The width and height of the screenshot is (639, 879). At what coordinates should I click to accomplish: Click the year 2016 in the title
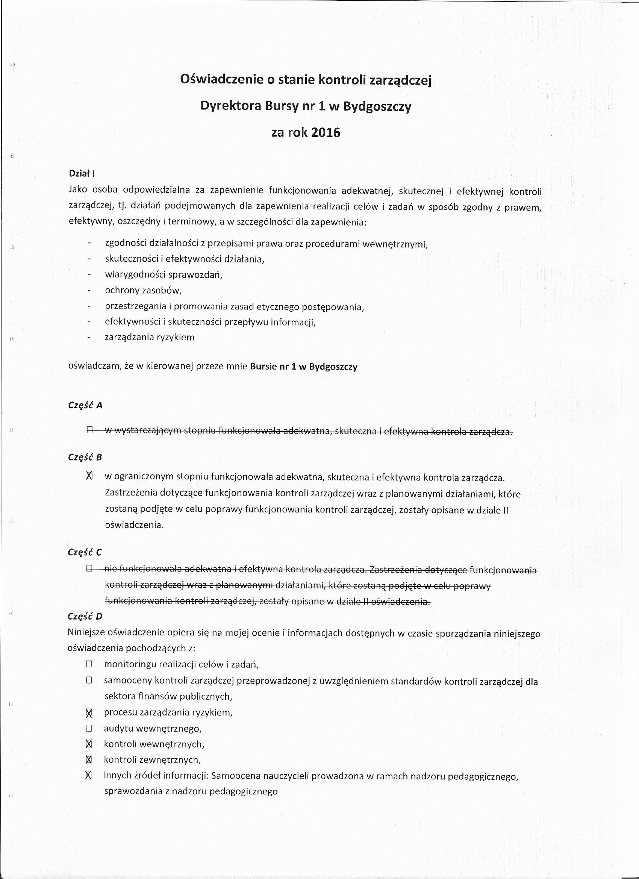tap(326, 133)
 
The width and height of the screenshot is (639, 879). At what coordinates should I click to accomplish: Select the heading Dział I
tap(82, 174)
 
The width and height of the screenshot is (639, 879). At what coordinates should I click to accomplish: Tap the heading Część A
tap(85, 405)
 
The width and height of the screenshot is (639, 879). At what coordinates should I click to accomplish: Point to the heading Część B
tap(85, 457)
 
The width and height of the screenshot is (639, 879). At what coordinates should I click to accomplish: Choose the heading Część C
tap(85, 552)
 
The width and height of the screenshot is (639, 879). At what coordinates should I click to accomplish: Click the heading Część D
tap(85, 617)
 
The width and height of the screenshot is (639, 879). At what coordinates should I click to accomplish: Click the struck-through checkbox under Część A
tap(89, 430)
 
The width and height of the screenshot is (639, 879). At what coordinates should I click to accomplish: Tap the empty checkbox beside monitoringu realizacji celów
tap(89, 664)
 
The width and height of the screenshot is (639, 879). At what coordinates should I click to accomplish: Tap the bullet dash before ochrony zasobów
tap(89, 290)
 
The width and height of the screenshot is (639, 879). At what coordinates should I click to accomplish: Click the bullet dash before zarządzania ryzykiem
tap(89, 337)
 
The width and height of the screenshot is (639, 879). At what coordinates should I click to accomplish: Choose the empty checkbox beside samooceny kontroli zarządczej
tap(89, 680)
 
